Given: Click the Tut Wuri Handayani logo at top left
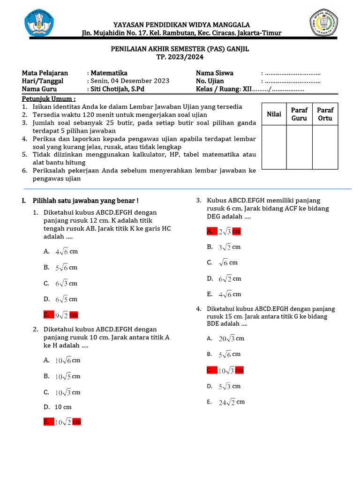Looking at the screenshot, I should (x=39, y=24).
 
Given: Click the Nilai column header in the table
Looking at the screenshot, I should (x=274, y=114).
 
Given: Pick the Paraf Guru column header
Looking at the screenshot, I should (x=299, y=114).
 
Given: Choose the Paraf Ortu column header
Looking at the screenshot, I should (x=325, y=114).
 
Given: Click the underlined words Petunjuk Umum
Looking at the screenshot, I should (x=49, y=99).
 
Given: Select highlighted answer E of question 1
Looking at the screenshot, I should (x=61, y=315).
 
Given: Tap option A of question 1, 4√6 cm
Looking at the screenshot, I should (x=61, y=251).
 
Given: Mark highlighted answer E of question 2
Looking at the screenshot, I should (x=62, y=422).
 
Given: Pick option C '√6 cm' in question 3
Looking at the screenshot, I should (x=224, y=263).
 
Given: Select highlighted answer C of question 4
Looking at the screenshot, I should (x=225, y=370).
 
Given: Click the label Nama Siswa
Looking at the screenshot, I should (x=214, y=73).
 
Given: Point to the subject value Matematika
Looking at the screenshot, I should (x=109, y=73).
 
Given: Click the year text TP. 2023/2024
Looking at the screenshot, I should (x=180, y=57).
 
